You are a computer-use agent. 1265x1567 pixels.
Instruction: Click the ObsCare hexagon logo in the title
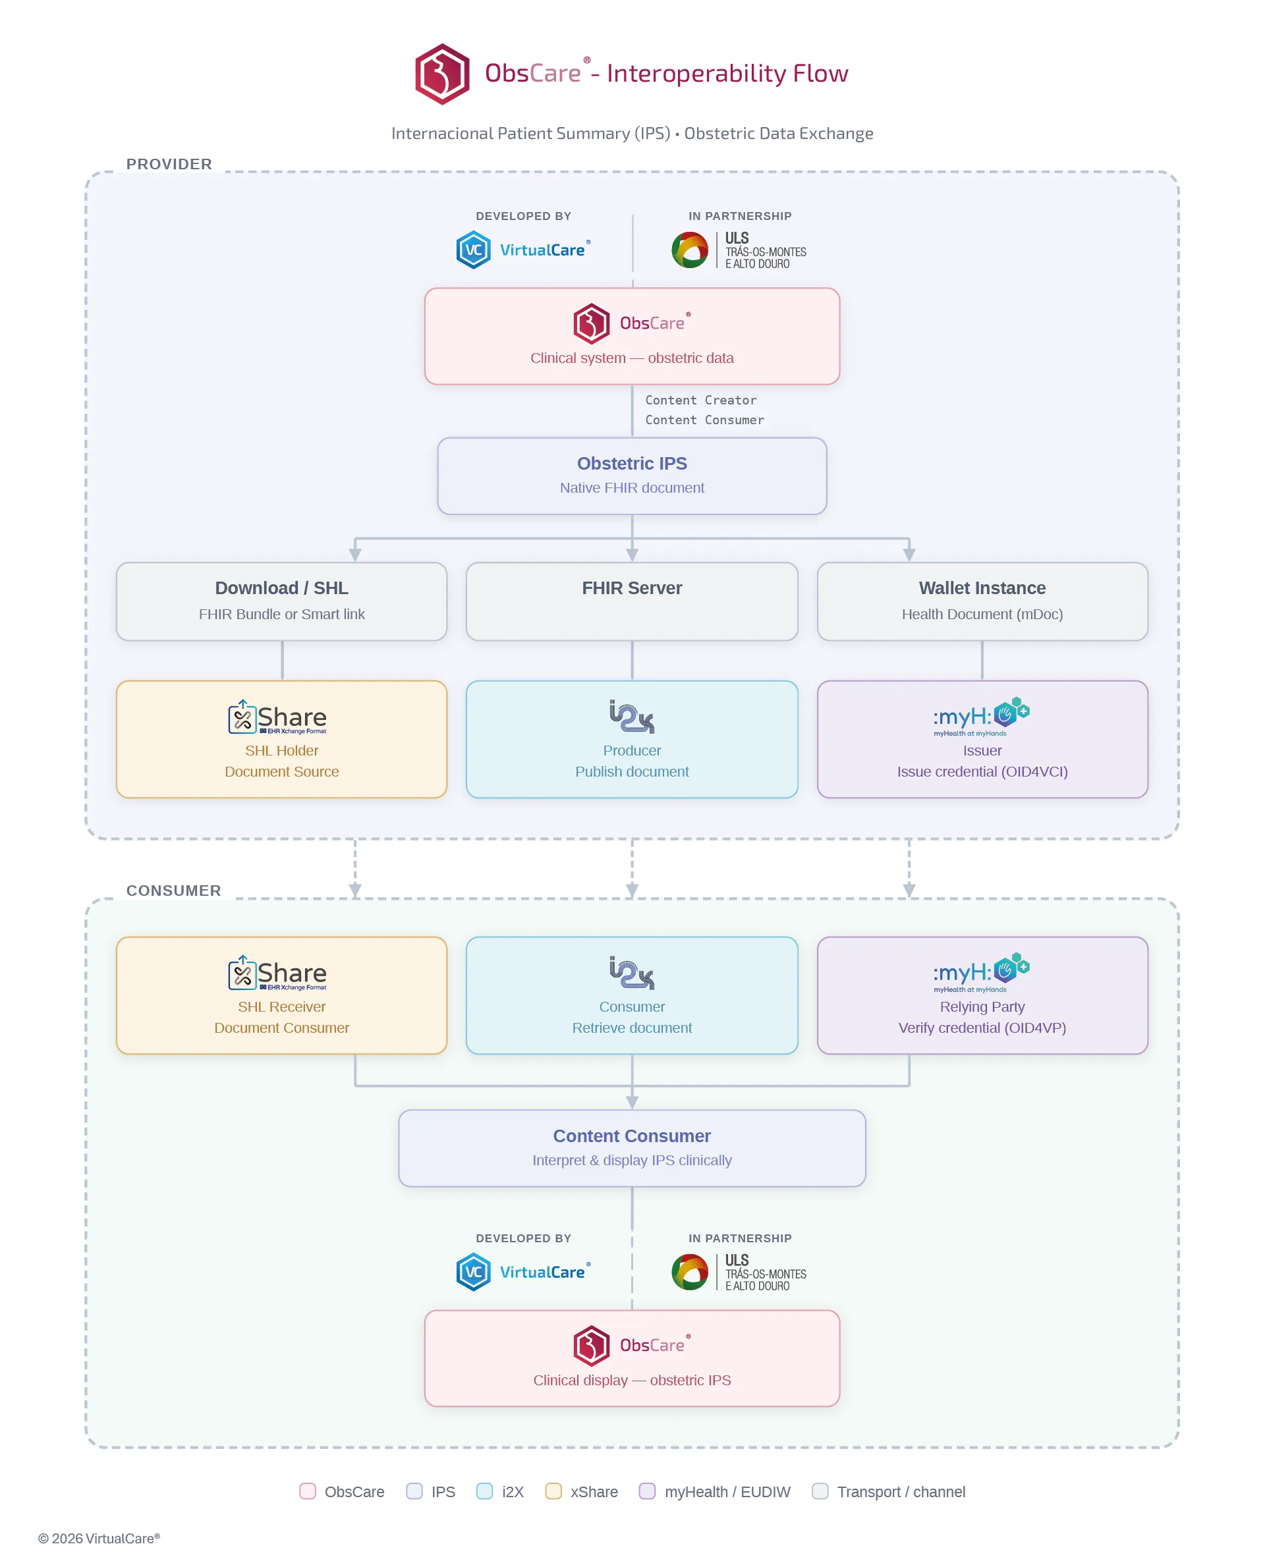click(x=441, y=74)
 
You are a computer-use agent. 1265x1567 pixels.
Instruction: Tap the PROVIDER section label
click(x=169, y=164)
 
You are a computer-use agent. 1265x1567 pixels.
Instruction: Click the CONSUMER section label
click(x=173, y=891)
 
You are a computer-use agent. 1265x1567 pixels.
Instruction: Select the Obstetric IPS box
click(x=632, y=476)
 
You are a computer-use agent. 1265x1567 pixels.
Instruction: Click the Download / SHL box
click(x=281, y=601)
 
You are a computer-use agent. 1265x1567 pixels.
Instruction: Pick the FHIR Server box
click(x=632, y=601)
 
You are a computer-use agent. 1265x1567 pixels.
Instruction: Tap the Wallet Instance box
click(x=982, y=601)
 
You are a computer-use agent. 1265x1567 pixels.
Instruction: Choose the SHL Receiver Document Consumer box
click(x=281, y=995)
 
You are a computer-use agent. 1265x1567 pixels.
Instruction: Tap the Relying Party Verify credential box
click(x=982, y=995)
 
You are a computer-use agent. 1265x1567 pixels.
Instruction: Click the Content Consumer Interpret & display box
click(x=632, y=1148)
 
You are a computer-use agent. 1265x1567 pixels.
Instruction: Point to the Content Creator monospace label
click(x=700, y=400)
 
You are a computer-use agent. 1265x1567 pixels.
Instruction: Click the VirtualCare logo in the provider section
click(x=522, y=250)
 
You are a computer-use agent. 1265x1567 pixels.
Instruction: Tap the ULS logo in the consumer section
click(x=738, y=1272)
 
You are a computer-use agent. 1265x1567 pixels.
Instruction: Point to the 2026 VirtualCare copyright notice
click(x=99, y=1538)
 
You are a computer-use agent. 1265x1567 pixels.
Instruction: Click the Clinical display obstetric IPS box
click(x=632, y=1358)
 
